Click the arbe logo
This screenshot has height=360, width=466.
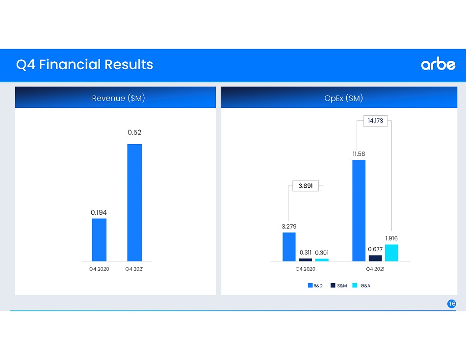tap(438, 64)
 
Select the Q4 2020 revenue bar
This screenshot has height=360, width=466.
tap(99, 240)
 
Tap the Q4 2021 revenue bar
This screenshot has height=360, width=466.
tap(134, 203)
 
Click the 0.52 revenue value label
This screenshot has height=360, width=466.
tap(134, 132)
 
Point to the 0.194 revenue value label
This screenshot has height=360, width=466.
tap(99, 212)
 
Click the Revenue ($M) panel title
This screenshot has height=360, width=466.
tap(118, 98)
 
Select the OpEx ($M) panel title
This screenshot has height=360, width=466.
tap(343, 98)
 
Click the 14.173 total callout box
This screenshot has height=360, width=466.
tap(375, 121)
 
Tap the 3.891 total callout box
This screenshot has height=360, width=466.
tap(306, 186)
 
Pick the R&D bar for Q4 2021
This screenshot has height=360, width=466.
tap(359, 210)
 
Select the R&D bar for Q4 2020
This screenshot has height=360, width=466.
tap(289, 247)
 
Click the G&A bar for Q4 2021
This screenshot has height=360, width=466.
tap(391, 253)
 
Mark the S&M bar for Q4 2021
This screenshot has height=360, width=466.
tap(375, 258)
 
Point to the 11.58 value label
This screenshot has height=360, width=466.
tap(359, 154)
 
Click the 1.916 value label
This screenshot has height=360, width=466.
tap(391, 238)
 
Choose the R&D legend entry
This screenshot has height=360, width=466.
tap(315, 285)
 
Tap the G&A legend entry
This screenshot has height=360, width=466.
tap(361, 285)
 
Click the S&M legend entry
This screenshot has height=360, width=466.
tap(339, 285)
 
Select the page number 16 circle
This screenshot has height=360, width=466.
tap(451, 304)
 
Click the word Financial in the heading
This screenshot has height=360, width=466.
tap(70, 64)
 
